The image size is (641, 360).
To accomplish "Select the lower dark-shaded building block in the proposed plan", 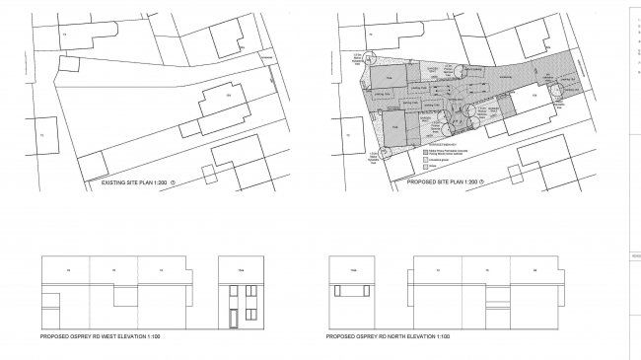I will (x=393, y=126).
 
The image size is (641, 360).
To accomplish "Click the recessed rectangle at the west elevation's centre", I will (x=126, y=297).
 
